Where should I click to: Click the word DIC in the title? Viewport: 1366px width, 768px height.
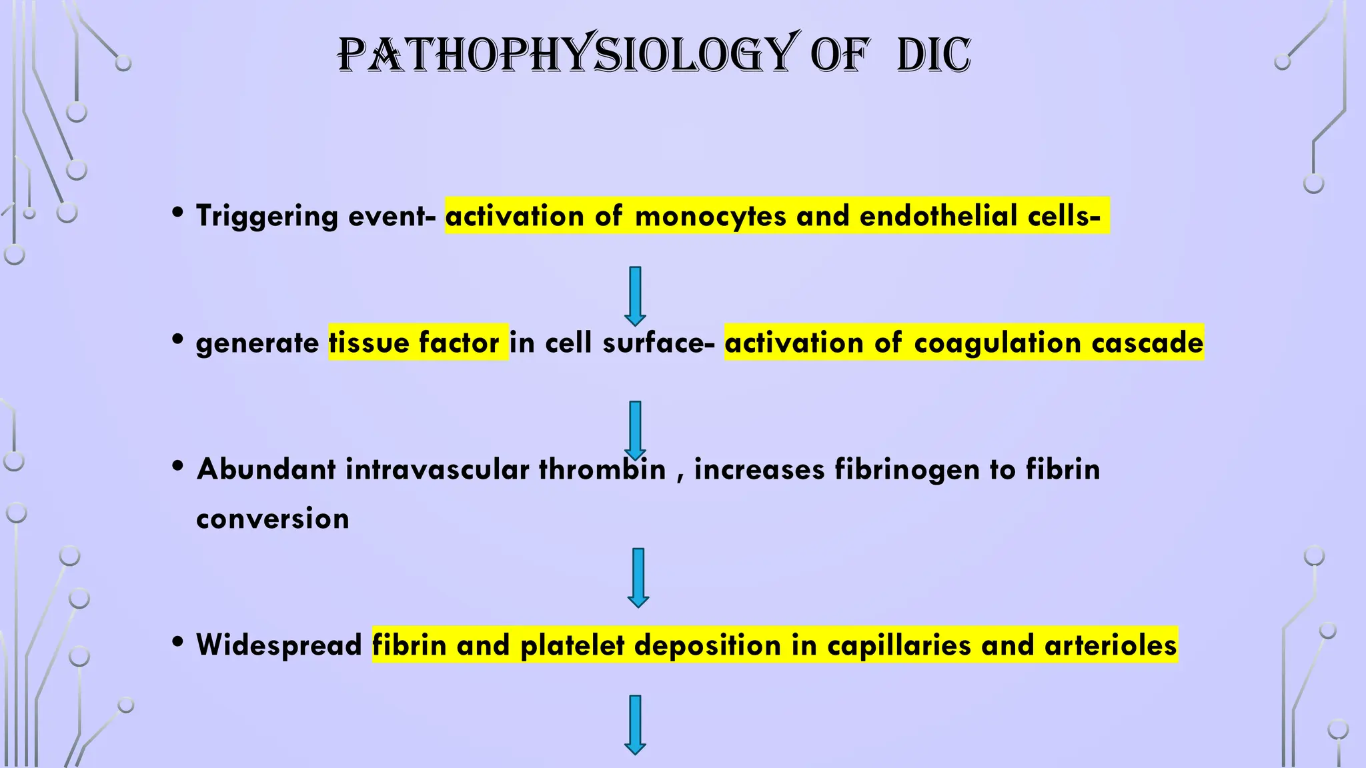(x=933, y=55)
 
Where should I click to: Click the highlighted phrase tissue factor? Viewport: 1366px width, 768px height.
(x=418, y=343)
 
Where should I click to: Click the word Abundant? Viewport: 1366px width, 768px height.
(x=266, y=469)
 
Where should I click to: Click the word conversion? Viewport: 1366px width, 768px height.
(x=273, y=519)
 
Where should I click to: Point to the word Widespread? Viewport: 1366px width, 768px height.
(x=279, y=645)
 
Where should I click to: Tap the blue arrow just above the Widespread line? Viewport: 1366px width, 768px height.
(x=638, y=577)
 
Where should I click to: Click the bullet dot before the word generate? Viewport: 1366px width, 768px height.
(x=177, y=339)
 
